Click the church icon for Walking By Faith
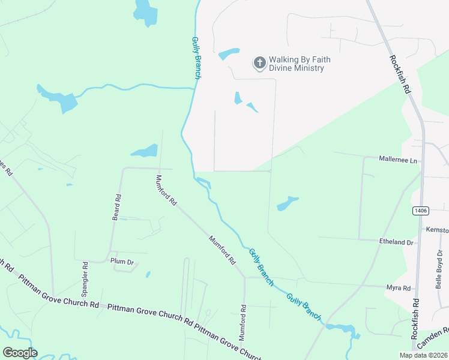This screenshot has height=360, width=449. tap(259, 63)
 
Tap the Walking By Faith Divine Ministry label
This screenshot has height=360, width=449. tap(300, 64)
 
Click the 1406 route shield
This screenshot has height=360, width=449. tap(420, 211)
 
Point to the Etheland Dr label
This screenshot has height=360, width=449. tap(397, 242)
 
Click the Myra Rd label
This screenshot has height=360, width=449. tap(398, 288)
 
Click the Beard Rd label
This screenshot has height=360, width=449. tap(117, 207)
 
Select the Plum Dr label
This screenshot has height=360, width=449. tap(121, 260)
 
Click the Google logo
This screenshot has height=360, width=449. tap(20, 353)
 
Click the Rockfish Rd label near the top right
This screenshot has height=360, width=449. tap(399, 74)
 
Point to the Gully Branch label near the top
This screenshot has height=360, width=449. tap(196, 58)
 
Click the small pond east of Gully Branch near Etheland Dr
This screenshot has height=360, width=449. tap(288, 204)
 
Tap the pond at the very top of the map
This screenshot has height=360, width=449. tap(145, 12)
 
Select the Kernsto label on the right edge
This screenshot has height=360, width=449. tap(437, 230)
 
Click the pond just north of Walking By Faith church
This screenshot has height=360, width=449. tap(229, 54)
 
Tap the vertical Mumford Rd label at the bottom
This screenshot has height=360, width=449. tap(244, 323)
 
